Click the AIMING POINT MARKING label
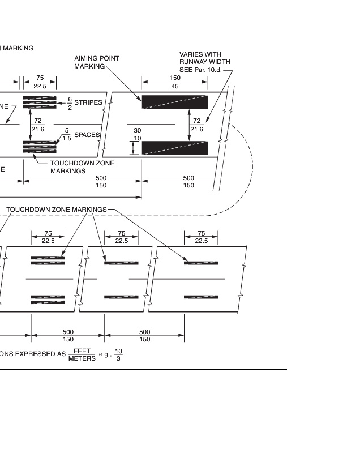[97, 62]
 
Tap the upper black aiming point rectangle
[174, 102]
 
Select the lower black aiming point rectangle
[174, 147]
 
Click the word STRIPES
[88, 103]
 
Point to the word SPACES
[87, 135]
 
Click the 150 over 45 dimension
[175, 82]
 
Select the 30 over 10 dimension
[138, 134]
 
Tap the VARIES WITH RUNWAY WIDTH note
[200, 58]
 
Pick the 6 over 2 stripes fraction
[70, 103]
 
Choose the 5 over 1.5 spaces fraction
[67, 134]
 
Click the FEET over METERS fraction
[82, 354]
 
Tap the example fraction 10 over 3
[118, 354]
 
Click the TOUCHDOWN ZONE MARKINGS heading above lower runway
[56, 210]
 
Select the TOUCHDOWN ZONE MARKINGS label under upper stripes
[82, 166]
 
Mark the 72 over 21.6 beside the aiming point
[197, 125]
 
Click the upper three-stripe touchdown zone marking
[40, 102]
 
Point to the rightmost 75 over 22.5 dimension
[201, 237]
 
